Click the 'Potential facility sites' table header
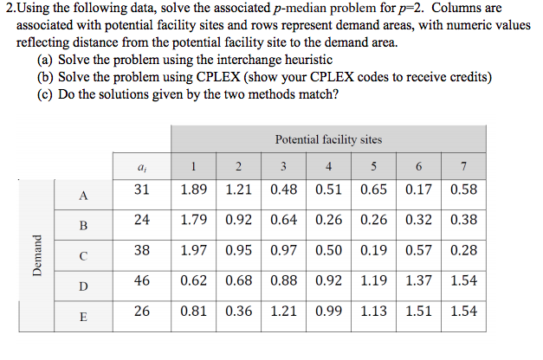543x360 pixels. (x=327, y=138)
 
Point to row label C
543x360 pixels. (x=83, y=255)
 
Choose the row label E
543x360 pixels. (x=83, y=317)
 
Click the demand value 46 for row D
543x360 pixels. (x=142, y=280)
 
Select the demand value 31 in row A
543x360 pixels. (x=142, y=189)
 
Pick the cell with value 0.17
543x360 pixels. (x=418, y=189)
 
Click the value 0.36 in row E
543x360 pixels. (x=238, y=310)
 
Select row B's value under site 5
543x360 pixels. (x=373, y=220)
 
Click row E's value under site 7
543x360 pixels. (x=463, y=310)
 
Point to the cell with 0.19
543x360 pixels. (x=373, y=250)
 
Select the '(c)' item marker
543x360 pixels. (x=45, y=95)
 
